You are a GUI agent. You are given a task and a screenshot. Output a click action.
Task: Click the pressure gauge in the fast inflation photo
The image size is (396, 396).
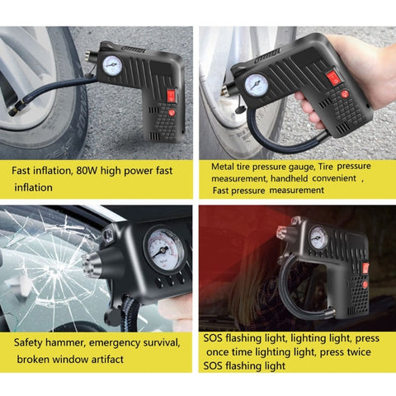point(112,65)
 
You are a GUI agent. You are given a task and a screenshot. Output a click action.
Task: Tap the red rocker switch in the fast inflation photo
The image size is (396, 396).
point(172,96)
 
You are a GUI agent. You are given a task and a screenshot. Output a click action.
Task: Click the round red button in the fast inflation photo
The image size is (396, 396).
point(172,112)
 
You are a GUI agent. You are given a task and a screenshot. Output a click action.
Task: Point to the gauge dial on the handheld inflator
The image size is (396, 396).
point(257,84)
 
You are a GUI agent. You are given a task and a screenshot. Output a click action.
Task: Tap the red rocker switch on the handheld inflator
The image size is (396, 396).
point(332,78)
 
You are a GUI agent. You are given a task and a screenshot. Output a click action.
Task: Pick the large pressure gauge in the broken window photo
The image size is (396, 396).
point(165,249)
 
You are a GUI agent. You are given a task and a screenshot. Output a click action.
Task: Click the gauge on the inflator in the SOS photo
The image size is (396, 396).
point(319,238)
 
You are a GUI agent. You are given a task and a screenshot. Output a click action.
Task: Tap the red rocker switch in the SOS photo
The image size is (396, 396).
point(365,268)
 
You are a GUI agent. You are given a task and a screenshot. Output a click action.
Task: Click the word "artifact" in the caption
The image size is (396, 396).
point(107,359)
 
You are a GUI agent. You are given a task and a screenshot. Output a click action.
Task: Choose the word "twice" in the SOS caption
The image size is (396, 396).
point(358,352)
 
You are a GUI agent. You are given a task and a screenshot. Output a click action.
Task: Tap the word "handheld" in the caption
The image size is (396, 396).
point(289,178)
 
